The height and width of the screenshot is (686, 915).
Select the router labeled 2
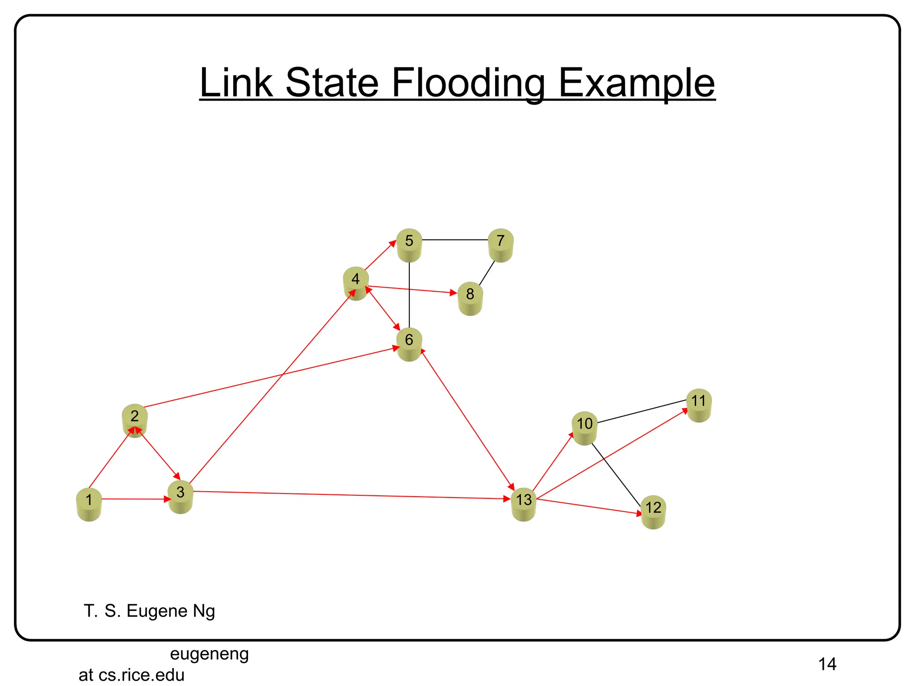[x=134, y=419]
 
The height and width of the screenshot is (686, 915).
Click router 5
[x=409, y=244]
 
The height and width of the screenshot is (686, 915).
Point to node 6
[x=409, y=343]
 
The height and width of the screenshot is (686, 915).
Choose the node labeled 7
[x=500, y=244]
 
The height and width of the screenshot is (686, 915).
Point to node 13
[x=524, y=503]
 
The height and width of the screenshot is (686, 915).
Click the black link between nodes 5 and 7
[x=455, y=240]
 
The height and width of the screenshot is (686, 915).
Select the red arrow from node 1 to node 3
[x=134, y=499]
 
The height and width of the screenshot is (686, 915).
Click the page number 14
[x=827, y=664]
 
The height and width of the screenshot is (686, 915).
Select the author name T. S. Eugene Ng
[x=149, y=611]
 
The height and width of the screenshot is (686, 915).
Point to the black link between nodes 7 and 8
[x=487, y=273]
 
